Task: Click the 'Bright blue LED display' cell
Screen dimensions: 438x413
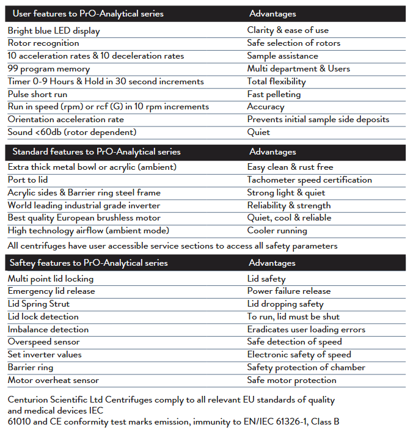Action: [54, 31]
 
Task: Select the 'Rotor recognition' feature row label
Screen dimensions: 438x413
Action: [43, 43]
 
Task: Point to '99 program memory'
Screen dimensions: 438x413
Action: [48, 68]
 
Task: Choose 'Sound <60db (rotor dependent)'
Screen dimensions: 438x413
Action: [72, 132]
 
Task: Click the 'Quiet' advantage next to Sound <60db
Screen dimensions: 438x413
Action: [258, 132]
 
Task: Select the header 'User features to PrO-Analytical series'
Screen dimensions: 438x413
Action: [88, 13]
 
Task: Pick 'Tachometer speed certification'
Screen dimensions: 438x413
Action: [309, 180]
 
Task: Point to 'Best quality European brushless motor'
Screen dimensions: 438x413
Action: [84, 217]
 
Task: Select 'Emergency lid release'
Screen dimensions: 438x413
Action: [51, 291]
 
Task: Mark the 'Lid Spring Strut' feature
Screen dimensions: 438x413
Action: [38, 304]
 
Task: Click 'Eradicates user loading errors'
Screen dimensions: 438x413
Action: [306, 329]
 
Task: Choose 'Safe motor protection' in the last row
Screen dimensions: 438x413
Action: [291, 380]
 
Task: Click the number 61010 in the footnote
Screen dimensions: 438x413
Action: [21, 421]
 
